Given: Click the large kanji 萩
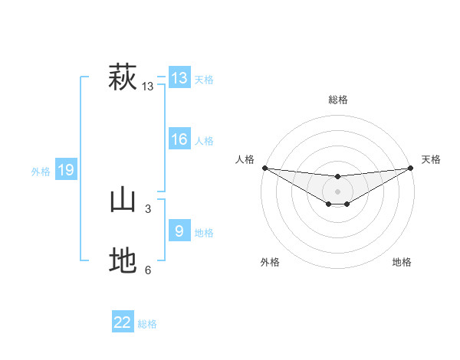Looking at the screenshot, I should click(x=123, y=78).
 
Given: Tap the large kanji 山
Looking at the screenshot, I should click(x=123, y=201).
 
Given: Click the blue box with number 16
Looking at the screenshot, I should click(x=179, y=139).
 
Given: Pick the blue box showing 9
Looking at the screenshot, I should click(x=179, y=231).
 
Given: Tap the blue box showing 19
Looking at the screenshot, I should click(x=66, y=170).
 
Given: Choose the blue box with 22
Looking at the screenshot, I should click(x=123, y=322).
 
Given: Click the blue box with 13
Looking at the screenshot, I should click(x=179, y=78).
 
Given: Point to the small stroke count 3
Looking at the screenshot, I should click(x=148, y=209).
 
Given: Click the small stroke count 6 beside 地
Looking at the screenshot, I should click(x=148, y=270).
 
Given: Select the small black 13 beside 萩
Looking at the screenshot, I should click(x=148, y=87).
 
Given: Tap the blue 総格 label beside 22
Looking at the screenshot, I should click(x=147, y=324).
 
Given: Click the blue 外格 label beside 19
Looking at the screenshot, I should click(x=41, y=172).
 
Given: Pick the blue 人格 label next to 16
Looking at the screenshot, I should click(x=204, y=141).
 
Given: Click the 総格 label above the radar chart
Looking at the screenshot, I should click(x=337, y=100).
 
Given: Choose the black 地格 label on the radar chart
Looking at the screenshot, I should click(x=402, y=263).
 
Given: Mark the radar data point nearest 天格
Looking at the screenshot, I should click(x=411, y=168).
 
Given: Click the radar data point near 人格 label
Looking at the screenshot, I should click(x=264, y=168).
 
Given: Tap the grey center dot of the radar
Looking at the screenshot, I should click(x=337, y=191).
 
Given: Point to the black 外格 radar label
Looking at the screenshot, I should click(x=270, y=263).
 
